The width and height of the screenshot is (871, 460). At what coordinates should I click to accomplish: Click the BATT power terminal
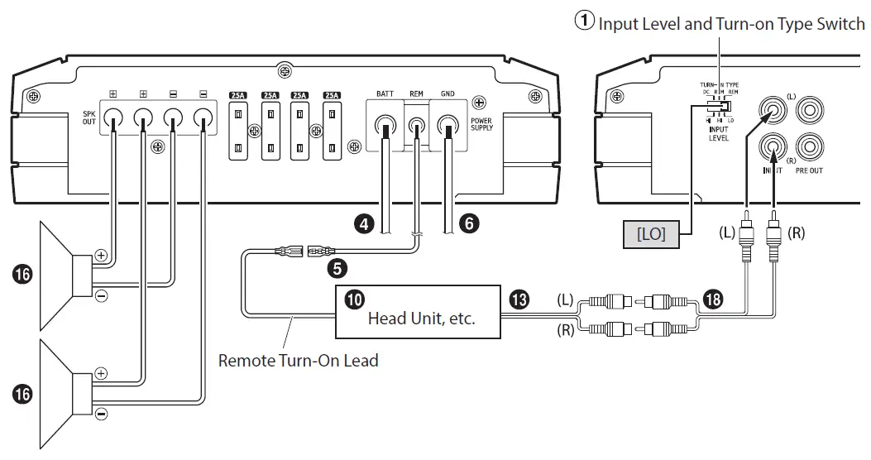coord(384,127)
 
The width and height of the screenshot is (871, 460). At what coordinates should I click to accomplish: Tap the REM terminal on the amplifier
coord(416,127)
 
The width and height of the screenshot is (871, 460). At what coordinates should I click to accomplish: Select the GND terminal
coord(448,127)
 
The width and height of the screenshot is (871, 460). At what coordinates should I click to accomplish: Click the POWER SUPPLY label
coord(481,123)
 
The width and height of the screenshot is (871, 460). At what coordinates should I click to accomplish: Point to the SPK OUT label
coord(89,117)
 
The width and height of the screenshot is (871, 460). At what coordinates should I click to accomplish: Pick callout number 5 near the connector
coord(337,267)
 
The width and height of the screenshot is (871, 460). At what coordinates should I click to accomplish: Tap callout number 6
coord(468,223)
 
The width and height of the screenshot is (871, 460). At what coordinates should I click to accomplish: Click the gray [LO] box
coord(651,234)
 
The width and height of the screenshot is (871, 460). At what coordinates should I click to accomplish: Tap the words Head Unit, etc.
coord(421,318)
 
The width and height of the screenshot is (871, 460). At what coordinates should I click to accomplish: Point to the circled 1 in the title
coord(585,22)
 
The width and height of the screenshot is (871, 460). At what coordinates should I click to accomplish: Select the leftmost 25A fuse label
coord(237,96)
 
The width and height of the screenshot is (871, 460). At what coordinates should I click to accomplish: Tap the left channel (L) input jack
coord(773,108)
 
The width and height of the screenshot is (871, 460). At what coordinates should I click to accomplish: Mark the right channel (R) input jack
coord(773,148)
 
